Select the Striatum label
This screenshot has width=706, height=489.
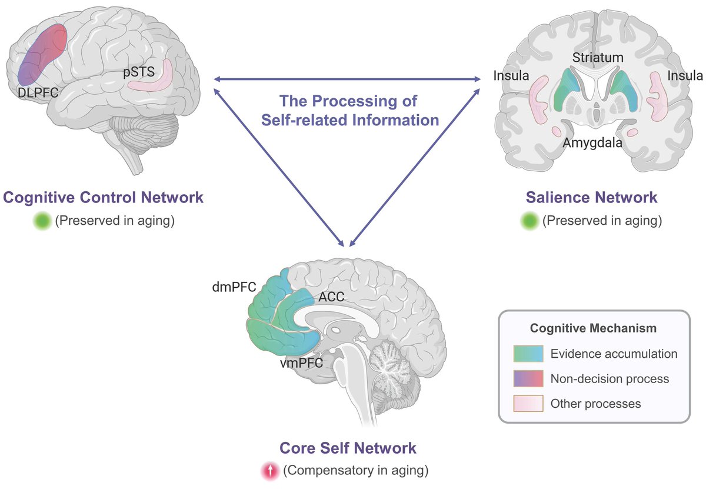[597, 58]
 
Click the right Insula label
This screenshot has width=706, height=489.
[685, 75]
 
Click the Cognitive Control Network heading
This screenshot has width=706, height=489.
[104, 197]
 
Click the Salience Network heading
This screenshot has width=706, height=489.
[593, 197]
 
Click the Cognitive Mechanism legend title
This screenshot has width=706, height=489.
[593, 328]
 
